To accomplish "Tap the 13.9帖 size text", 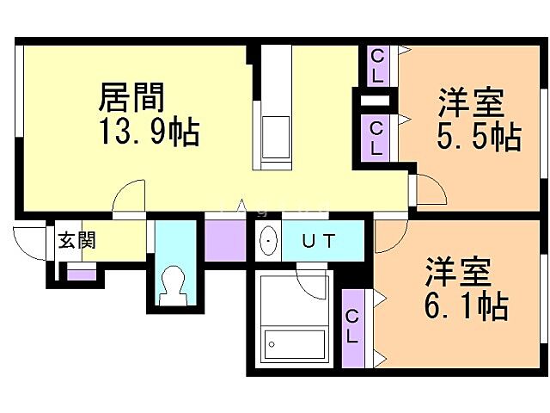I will [150, 133].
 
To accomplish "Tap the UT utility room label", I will [317, 241].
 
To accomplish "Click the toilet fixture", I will [174, 283].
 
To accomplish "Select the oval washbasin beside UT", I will [268, 240].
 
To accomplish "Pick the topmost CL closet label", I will [376, 64].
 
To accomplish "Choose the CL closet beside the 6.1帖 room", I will [352, 327].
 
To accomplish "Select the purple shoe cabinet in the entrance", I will [82, 274].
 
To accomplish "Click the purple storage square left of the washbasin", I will [225, 241].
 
